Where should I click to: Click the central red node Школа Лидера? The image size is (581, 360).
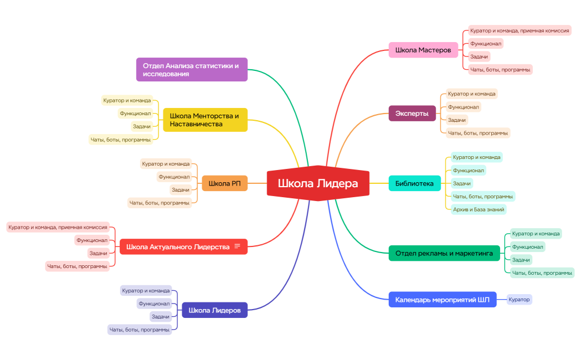pos(318,183)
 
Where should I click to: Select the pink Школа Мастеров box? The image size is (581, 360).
pos(423,50)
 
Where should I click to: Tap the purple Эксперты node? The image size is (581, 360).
pos(412,114)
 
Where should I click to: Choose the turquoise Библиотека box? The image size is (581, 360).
pos(415,183)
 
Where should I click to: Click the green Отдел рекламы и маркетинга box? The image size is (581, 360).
pos(444,253)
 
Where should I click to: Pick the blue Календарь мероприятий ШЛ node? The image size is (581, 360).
pos(443,300)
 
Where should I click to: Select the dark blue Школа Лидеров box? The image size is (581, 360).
pos(214,310)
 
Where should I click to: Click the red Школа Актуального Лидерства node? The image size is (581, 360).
pos(183,246)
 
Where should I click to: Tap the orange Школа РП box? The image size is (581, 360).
pos(224,183)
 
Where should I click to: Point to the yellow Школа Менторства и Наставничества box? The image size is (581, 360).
pos(205,120)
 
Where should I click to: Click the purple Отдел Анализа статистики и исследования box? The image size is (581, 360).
pos(192,70)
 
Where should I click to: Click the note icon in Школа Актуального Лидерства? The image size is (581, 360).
pos(238,246)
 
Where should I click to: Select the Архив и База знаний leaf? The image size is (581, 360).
pos(479,209)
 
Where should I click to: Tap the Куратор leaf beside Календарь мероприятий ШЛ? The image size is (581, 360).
pos(519,299)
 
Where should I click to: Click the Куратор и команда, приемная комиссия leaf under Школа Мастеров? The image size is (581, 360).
pos(520,31)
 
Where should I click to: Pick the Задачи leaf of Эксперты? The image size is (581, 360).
pos(457,120)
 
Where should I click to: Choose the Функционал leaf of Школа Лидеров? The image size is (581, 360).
pos(154,304)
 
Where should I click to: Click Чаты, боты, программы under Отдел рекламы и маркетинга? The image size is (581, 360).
pos(542,273)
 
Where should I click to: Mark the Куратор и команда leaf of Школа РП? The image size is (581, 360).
pos(166,164)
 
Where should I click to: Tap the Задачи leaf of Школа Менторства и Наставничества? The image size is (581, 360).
pos(142,126)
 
